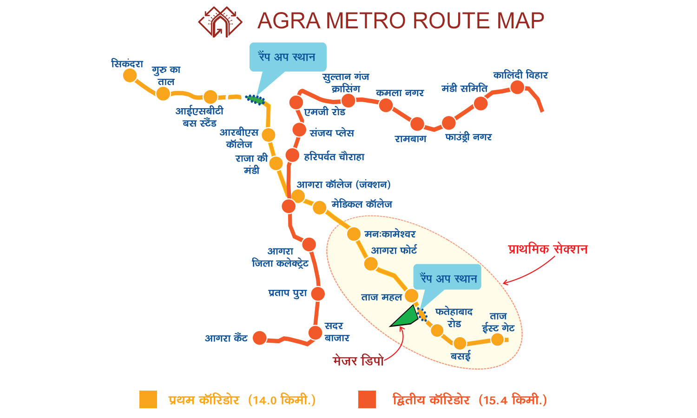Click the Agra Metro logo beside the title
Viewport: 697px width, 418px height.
pyautogui.click(x=220, y=21)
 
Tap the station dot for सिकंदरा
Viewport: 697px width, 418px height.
pyautogui.click(x=130, y=75)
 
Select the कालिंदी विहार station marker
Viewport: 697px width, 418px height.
pyautogui.click(x=517, y=87)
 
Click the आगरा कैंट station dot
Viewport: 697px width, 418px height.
pyautogui.click(x=260, y=338)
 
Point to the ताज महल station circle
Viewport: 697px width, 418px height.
pyautogui.click(x=412, y=295)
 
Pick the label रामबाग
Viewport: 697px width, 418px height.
pyautogui.click(x=410, y=139)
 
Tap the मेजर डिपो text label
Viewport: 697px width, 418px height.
pyautogui.click(x=358, y=361)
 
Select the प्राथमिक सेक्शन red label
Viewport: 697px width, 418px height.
pyautogui.click(x=548, y=249)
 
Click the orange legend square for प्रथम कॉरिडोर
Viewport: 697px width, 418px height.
pyautogui.click(x=148, y=399)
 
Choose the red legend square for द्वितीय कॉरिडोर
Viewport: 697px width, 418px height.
pyautogui.click(x=367, y=399)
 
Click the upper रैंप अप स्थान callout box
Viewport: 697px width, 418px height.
pyautogui.click(x=288, y=57)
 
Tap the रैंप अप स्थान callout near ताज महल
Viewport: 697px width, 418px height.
pyautogui.click(x=448, y=278)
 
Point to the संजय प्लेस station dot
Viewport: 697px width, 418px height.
pyautogui.click(x=299, y=130)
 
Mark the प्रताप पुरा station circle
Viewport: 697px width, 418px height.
pyautogui.click(x=318, y=294)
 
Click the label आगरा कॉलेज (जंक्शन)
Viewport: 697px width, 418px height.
pyautogui.click(x=343, y=184)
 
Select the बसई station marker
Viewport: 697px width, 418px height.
pyautogui.click(x=460, y=343)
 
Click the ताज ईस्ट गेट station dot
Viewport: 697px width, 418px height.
pyautogui.click(x=498, y=340)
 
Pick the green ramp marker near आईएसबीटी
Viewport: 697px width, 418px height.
pyautogui.click(x=255, y=99)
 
